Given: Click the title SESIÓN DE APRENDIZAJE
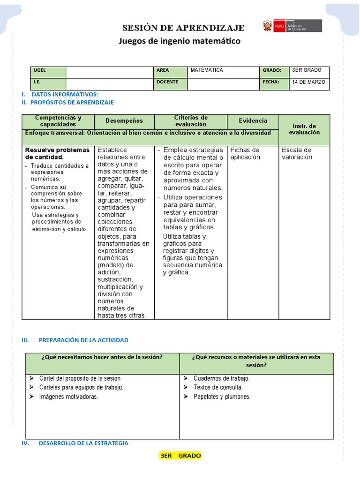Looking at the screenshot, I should tap(183, 27).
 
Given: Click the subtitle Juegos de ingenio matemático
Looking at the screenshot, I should tap(180, 41).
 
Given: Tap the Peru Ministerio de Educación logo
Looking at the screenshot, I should tap(292, 25).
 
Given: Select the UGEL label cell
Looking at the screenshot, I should tap(48, 72).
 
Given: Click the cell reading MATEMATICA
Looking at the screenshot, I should tap(206, 70).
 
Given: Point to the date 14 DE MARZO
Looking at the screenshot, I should tap(308, 82).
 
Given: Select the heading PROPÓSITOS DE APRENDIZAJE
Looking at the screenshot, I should tap(73, 102).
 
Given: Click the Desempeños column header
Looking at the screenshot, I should tap(124, 121).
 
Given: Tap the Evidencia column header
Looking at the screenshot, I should tap(253, 120).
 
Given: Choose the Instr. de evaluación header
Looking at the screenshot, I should tap(304, 129).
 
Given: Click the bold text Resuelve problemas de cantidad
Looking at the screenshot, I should tap(57, 153).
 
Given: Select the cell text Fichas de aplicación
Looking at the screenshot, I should tap(245, 153).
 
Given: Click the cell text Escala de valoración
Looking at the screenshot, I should tap(296, 153).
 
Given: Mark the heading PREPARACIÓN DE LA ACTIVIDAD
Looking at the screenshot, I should tap(83, 340).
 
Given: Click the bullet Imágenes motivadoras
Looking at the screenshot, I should tap(69, 397).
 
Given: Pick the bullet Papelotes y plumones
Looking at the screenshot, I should tap(222, 397).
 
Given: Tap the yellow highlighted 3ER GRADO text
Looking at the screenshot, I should tap(180, 456).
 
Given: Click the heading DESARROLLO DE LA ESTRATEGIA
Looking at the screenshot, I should tap(83, 443).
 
